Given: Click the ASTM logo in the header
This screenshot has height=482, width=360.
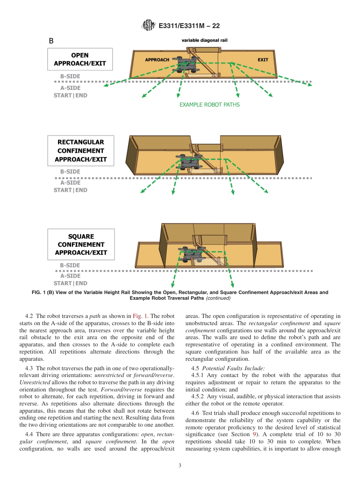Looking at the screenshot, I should (x=148, y=25).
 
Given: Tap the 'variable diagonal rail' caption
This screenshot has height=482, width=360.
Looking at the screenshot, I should (x=204, y=40).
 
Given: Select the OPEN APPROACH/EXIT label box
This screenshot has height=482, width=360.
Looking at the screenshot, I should (x=80, y=59).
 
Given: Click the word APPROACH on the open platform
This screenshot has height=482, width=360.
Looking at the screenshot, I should (x=157, y=60).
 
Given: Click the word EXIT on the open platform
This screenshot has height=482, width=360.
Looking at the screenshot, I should (x=263, y=60).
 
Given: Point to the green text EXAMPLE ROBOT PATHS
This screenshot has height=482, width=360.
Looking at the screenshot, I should (x=210, y=105).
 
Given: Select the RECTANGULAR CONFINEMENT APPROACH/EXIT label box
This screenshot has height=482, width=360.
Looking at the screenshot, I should (x=80, y=151).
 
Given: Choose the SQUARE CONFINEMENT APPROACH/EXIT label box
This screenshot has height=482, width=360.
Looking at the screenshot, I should (x=81, y=244).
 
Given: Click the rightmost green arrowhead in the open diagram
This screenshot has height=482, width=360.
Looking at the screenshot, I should (x=310, y=85).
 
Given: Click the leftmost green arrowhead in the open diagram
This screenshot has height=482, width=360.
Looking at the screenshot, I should (x=106, y=85).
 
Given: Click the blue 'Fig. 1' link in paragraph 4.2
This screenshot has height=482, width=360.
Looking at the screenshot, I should (x=140, y=316).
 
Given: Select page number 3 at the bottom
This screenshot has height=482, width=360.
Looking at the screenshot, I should (x=180, y=466).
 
